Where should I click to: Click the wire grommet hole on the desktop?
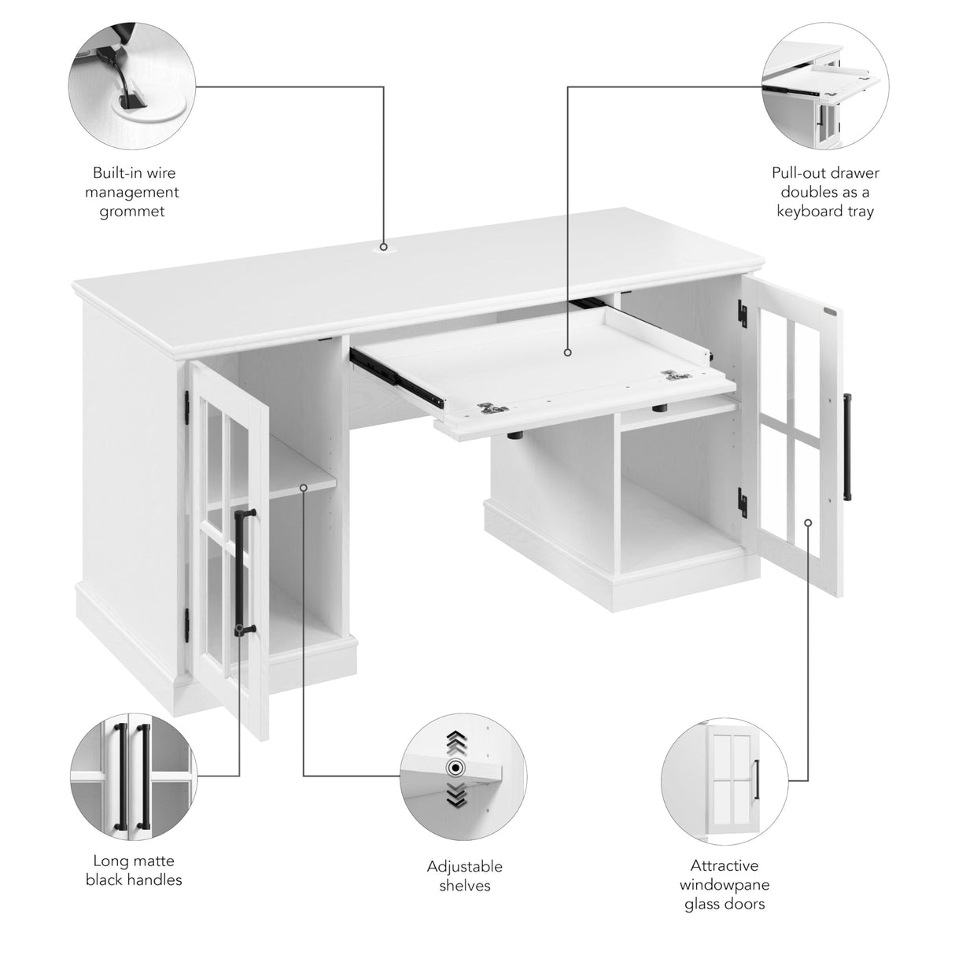click(384, 246)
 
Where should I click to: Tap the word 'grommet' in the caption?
click(132, 212)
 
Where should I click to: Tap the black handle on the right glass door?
click(848, 446)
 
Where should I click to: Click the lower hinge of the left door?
click(186, 623)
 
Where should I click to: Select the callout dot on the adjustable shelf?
click(304, 488)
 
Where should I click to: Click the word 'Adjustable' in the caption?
click(464, 867)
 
